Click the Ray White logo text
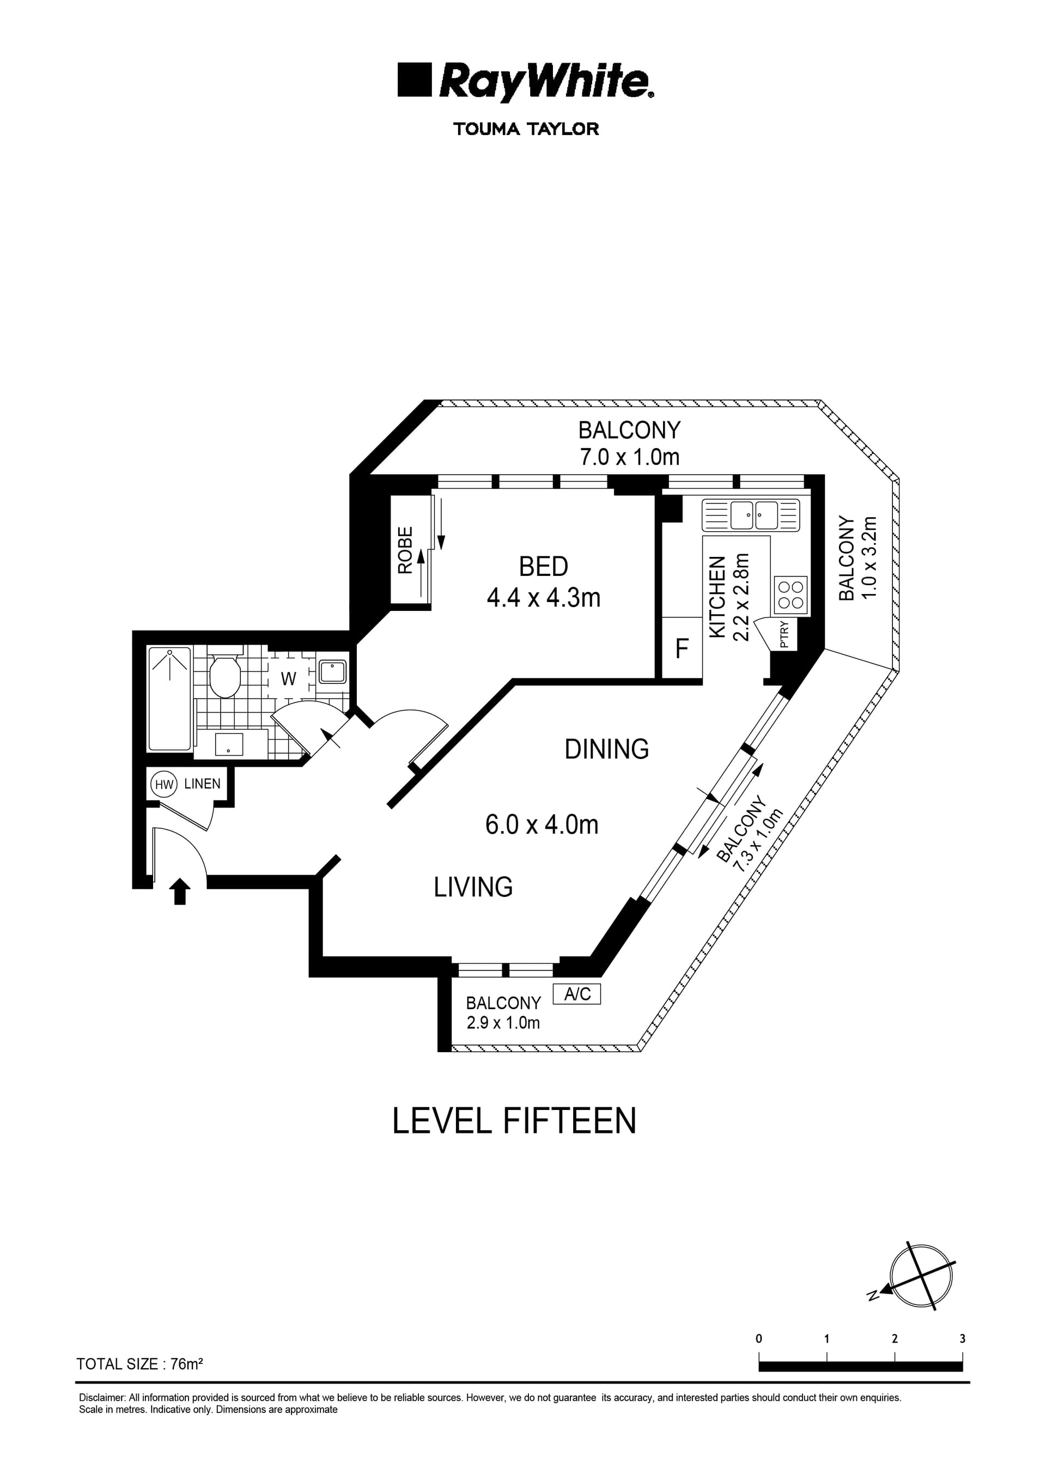[x=545, y=82]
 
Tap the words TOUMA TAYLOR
[x=526, y=129]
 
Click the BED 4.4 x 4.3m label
[x=543, y=582]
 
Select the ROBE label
[x=405, y=550]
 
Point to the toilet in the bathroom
[x=224, y=676]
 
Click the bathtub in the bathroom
[x=169, y=698]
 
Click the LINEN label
[x=202, y=784]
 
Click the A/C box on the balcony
[x=577, y=994]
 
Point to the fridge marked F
[x=682, y=648]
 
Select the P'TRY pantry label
[x=784, y=635]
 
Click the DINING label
[x=606, y=750]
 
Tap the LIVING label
[x=473, y=888]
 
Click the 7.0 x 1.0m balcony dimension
[x=629, y=458]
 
